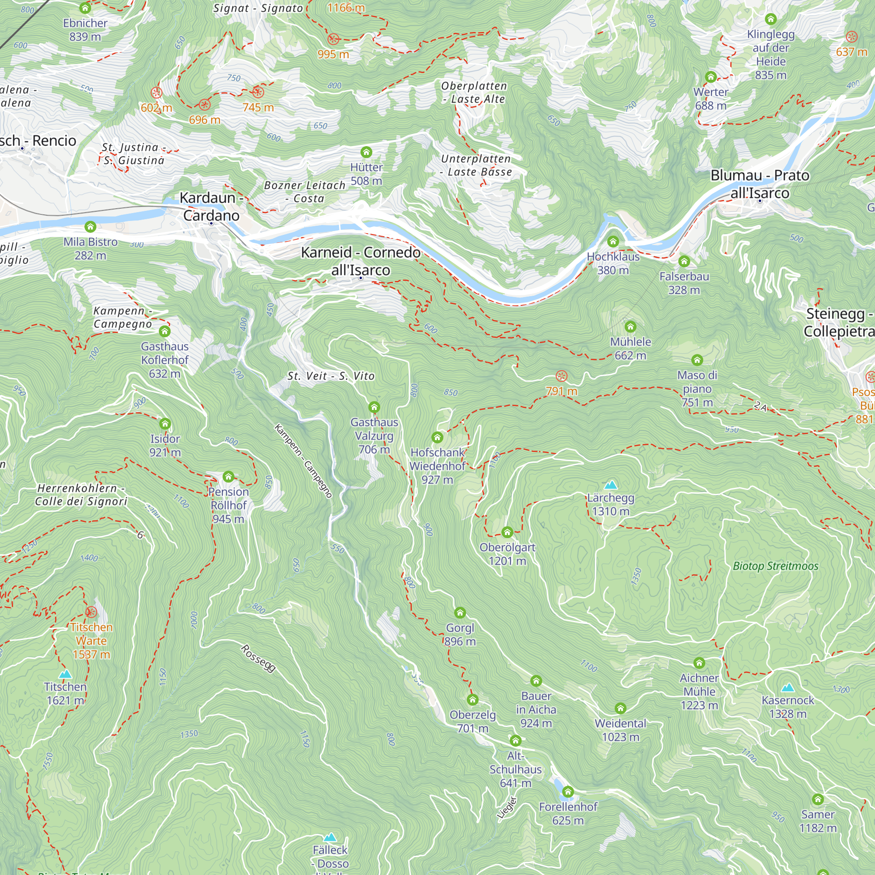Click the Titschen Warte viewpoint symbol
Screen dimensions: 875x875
[91, 612]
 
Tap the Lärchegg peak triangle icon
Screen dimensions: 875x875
[610, 485]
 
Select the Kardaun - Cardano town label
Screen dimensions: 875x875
[211, 206]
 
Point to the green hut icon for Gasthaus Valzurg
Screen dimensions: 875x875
[374, 407]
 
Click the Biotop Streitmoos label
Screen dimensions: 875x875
[775, 566]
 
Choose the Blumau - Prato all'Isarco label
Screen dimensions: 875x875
[759, 184]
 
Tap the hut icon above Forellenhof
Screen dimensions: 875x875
[568, 792]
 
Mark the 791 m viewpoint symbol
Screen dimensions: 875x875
[561, 376]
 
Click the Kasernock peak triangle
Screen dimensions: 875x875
[787, 687]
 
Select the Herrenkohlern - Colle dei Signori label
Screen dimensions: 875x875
[81, 494]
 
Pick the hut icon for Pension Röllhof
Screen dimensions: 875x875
[228, 476]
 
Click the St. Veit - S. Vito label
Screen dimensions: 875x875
[331, 376]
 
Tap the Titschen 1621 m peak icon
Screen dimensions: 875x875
[65, 674]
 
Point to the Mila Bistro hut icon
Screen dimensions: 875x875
[90, 227]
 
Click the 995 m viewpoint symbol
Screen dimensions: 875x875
[333, 39]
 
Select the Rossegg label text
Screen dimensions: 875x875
[258, 658]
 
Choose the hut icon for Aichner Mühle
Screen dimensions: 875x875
[699, 663]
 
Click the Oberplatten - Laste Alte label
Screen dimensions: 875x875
[474, 92]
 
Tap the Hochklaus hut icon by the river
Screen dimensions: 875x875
[613, 241]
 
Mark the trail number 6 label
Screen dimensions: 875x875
[140, 535]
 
